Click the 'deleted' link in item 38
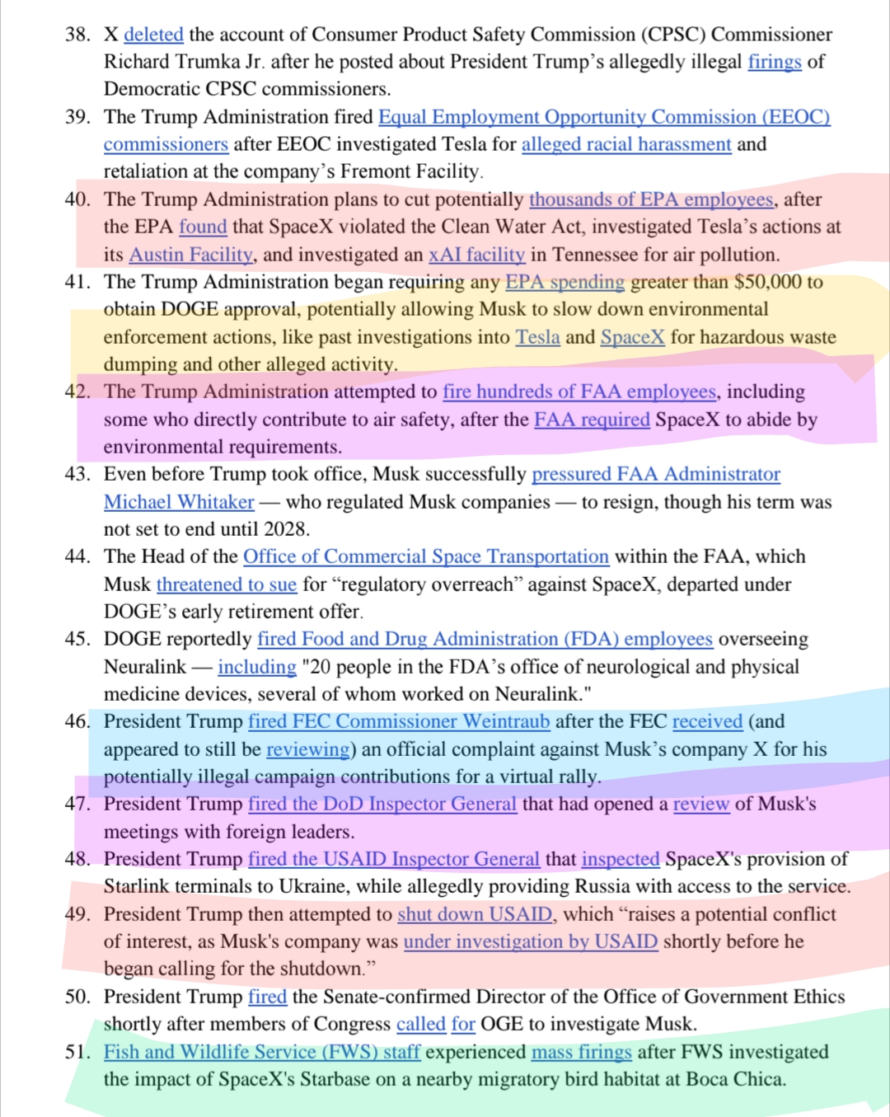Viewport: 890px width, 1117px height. (x=153, y=35)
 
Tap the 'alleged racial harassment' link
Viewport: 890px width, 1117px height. (x=626, y=144)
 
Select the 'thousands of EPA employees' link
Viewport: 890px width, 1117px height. (x=651, y=199)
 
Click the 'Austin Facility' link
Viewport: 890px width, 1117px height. (x=191, y=255)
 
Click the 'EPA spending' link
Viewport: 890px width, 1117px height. (x=564, y=282)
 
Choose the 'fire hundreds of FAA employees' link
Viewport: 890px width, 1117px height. (x=579, y=392)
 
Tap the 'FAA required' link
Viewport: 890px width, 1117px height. (x=592, y=420)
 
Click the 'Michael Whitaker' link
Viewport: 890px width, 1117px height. (x=179, y=502)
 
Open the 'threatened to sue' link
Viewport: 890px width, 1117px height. (x=227, y=584)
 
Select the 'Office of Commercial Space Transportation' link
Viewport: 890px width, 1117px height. (x=425, y=556)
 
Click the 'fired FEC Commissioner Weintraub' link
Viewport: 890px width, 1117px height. (x=399, y=721)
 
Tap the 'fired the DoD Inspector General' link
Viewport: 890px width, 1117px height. (x=382, y=804)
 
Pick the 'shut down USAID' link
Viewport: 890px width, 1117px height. (x=475, y=914)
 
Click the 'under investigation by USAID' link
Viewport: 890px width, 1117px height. (x=531, y=941)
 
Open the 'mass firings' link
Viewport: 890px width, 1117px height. (x=582, y=1052)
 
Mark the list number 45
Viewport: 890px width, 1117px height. (x=77, y=639)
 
